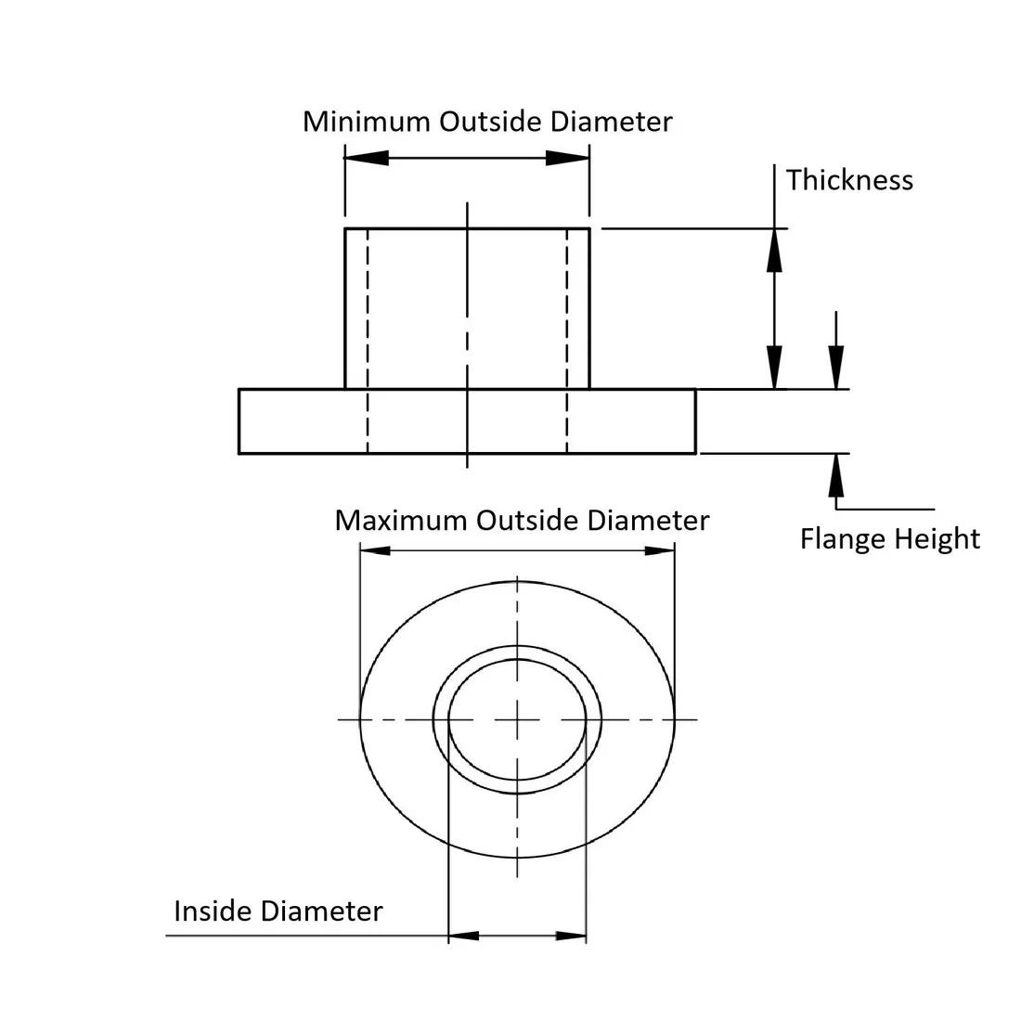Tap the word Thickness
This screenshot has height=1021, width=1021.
point(849,180)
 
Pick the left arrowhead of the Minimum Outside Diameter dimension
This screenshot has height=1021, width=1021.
point(367,158)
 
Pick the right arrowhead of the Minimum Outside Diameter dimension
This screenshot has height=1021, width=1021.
point(567,158)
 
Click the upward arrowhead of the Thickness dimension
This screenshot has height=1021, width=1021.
point(774,250)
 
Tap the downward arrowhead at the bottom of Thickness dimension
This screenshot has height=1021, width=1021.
point(774,368)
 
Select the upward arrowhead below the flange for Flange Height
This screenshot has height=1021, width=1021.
point(837,474)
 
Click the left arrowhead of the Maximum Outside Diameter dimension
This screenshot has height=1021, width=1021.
point(375,551)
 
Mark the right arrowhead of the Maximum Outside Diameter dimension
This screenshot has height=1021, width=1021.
point(659,551)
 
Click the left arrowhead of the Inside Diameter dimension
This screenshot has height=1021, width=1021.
point(464,936)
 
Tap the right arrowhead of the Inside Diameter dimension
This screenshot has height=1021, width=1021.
point(572,936)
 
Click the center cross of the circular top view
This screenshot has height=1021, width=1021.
point(517,719)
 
